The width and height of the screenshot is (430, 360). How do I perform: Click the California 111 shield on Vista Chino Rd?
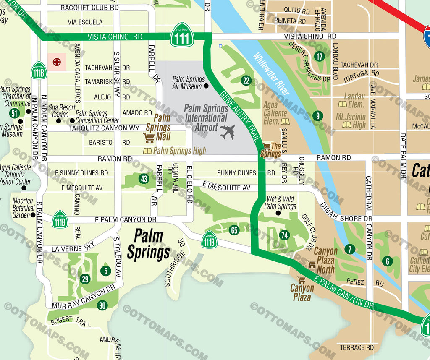coord(182,35)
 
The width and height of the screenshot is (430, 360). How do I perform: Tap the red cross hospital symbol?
coord(56,62)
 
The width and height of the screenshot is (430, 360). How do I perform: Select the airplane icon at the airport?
coord(227,132)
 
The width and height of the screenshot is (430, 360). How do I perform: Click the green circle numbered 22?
coord(246,81)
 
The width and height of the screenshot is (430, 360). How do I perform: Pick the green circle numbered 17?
coord(320,56)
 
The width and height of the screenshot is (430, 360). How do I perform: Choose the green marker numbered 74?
coord(285,235)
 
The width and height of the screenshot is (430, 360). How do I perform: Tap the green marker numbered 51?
coord(15,113)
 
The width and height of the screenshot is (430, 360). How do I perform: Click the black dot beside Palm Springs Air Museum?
coord(206,86)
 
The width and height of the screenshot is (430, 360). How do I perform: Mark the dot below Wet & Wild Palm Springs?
coord(278,213)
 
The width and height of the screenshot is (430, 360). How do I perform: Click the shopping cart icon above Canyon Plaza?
coord(301,279)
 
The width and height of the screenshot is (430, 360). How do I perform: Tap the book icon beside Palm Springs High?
coord(147,151)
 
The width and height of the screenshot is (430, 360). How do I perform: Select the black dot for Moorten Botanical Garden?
coord(33,215)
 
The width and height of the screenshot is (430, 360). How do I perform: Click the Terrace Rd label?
coord(357,347)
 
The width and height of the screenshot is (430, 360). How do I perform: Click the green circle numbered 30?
coord(102,306)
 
